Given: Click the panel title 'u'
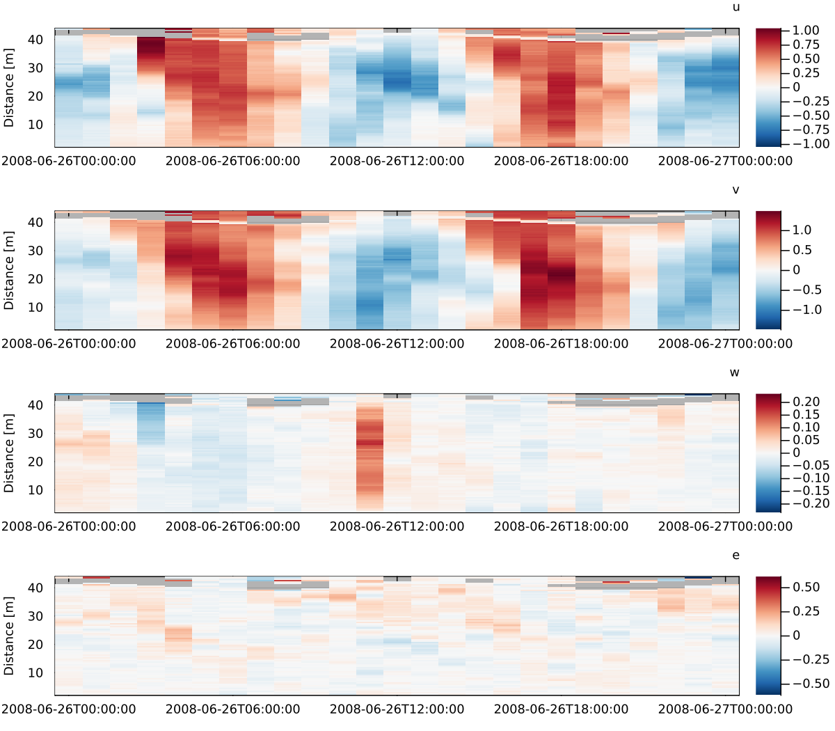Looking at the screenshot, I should tap(735, 8).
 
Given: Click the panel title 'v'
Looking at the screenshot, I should tap(735, 190).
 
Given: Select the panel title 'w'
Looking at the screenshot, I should tap(734, 372).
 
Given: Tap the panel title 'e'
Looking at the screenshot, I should tap(735, 555).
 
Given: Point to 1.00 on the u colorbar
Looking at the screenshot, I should tap(806, 31).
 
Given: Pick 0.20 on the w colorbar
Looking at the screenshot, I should tap(806, 402).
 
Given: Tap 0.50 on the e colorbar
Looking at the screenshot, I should tap(806, 587).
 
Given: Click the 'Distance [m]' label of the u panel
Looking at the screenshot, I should tap(9, 88).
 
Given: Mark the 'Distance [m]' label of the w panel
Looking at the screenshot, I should tap(9, 453).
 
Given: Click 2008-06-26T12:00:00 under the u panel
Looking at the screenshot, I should tap(397, 162).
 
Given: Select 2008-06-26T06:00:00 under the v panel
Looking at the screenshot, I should tap(232, 344).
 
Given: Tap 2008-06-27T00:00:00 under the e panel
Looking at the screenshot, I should tap(725, 709).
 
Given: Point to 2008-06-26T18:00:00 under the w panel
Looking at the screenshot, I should tap(561, 526).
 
